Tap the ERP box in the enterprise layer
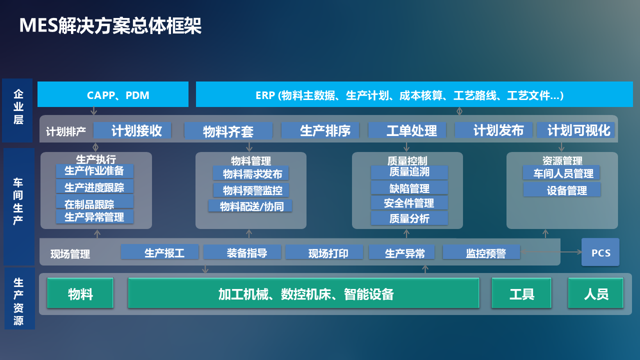click(x=410, y=95)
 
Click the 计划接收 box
click(x=132, y=130)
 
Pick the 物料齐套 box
click(x=228, y=131)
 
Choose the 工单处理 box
click(x=411, y=130)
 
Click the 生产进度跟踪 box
click(x=95, y=187)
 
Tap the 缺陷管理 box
click(x=409, y=188)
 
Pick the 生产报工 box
click(x=160, y=252)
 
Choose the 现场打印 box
click(x=324, y=252)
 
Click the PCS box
click(x=600, y=252)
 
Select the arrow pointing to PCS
click(x=550, y=252)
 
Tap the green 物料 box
click(x=80, y=293)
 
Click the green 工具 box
click(x=521, y=293)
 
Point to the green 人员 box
click(x=596, y=293)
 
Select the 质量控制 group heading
click(x=407, y=160)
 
